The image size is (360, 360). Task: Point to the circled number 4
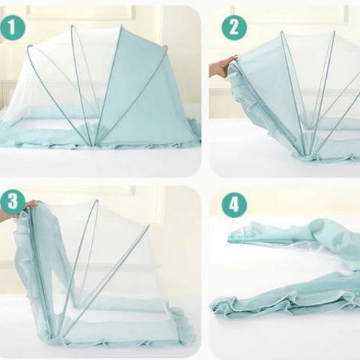234,204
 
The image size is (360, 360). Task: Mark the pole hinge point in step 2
307,151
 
